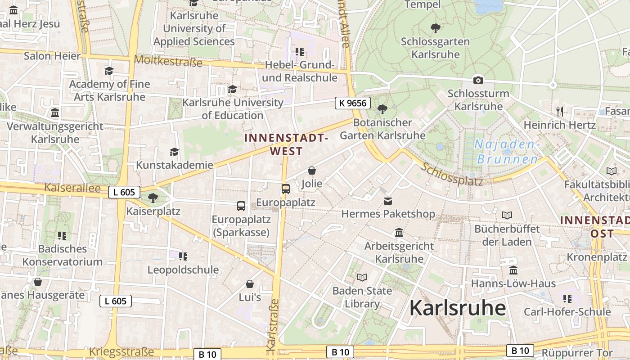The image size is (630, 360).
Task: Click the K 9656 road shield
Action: (353, 103)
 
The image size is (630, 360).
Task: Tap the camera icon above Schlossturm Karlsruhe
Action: (478, 80)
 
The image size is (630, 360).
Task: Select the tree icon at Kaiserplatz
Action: (153, 198)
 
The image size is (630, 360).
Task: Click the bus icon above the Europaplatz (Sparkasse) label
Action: (241, 206)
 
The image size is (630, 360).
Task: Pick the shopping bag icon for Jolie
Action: (311, 171)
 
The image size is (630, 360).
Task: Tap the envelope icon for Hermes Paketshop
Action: (387, 201)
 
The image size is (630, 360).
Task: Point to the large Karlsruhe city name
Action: (457, 308)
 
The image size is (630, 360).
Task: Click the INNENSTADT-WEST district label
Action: (286, 144)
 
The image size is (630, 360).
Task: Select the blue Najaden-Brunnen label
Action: (507, 152)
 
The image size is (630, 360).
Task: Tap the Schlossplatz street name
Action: (452, 174)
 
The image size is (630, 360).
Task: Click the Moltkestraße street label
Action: (168, 61)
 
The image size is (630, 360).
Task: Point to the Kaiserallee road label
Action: (72, 188)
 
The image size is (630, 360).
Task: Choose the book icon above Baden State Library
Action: (362, 277)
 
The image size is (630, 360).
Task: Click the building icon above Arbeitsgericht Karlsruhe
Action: (399, 233)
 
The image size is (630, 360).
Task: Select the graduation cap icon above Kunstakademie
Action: (174, 152)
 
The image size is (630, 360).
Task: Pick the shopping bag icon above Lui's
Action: (250, 284)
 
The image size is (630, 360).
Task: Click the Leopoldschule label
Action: (184, 270)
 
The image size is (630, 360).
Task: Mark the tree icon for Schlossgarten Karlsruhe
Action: (435, 28)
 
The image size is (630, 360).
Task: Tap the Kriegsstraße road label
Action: (121, 351)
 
